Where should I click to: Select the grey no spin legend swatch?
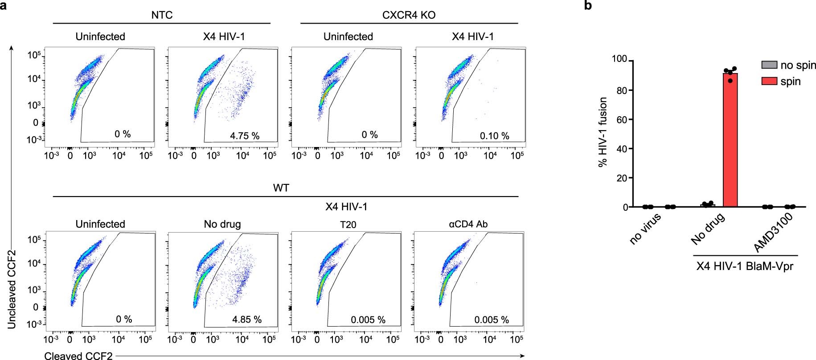click(x=769, y=65)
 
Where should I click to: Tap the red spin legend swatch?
click(x=769, y=81)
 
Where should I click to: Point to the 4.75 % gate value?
click(x=245, y=135)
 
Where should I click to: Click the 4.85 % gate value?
click(x=247, y=319)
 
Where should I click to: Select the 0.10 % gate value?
click(x=495, y=135)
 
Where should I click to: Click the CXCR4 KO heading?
click(x=409, y=15)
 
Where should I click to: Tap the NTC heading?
click(x=162, y=15)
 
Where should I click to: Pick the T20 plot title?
click(x=348, y=225)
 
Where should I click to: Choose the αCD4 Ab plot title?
click(x=468, y=224)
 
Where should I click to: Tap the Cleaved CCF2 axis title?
click(x=78, y=356)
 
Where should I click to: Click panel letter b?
click(x=588, y=6)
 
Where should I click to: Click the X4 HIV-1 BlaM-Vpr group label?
click(x=745, y=267)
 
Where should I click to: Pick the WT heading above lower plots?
click(x=281, y=188)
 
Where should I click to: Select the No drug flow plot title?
click(x=222, y=224)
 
